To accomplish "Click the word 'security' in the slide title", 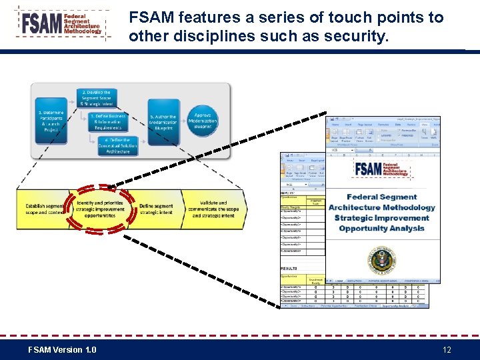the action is click(x=357, y=37).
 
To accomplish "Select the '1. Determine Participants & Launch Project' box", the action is click(x=51, y=121).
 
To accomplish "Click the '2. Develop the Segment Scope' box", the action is click(x=96, y=98).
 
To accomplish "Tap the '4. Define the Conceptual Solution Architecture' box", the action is click(x=118, y=146).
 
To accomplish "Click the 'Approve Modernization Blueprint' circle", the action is click(x=202, y=121).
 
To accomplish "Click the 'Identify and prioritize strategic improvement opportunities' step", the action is click(x=99, y=209).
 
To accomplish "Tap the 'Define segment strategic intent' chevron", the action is click(x=156, y=209).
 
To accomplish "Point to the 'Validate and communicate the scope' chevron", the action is click(x=213, y=209).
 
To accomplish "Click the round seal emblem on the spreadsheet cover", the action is click(x=383, y=261).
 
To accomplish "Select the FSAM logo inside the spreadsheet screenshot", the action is click(x=382, y=170).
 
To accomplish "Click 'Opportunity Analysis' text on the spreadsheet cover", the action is click(x=381, y=229).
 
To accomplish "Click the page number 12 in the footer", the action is click(x=447, y=350).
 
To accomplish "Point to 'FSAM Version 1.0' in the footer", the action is click(x=62, y=350).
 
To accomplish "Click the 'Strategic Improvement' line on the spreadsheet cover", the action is click(x=381, y=218).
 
